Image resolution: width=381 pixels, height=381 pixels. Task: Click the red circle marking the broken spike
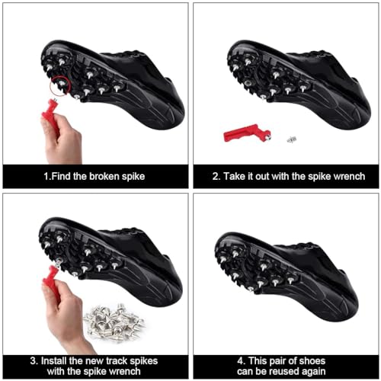click(50, 86)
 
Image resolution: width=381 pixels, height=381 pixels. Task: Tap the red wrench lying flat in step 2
click(244, 133)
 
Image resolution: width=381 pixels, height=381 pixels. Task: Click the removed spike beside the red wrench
click(292, 139)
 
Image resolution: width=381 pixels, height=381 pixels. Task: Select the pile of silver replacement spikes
click(114, 322)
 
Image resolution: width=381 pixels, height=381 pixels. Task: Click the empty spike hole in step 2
click(248, 83)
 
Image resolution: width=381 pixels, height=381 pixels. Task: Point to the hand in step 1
click(62, 139)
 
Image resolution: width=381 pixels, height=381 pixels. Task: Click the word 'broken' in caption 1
click(104, 176)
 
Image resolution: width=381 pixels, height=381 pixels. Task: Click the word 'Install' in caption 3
click(54, 361)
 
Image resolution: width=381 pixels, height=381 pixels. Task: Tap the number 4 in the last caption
click(240, 361)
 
